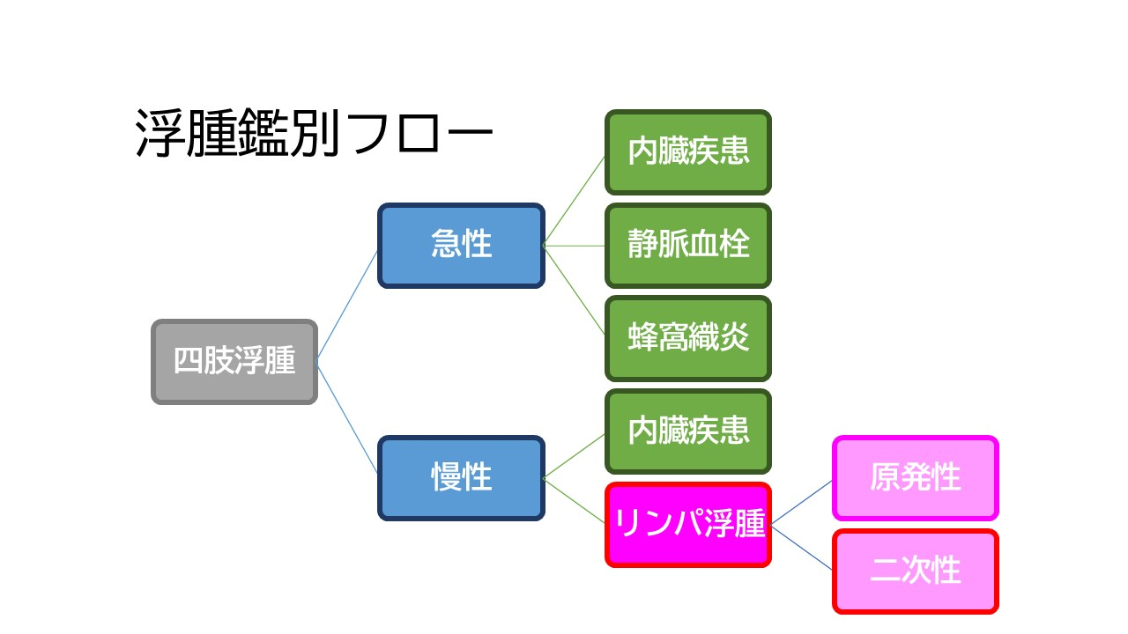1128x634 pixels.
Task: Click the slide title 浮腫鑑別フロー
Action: pyautogui.click(x=313, y=134)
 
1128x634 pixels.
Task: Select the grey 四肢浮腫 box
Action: pyautogui.click(x=234, y=362)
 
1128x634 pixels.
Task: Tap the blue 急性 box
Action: pyautogui.click(x=462, y=246)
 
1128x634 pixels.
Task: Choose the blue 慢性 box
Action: pyautogui.click(x=462, y=478)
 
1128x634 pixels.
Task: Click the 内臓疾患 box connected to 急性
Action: pyautogui.click(x=688, y=152)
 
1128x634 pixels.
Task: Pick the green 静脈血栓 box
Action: pyautogui.click(x=688, y=246)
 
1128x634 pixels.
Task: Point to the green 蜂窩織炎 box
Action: pyautogui.click(x=688, y=338)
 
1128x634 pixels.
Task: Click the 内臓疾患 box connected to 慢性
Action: pyautogui.click(x=688, y=431)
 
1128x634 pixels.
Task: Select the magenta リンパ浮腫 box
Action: pyautogui.click(x=688, y=525)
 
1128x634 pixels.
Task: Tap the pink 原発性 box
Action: pyautogui.click(x=916, y=478)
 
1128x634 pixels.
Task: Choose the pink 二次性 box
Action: pyautogui.click(x=916, y=571)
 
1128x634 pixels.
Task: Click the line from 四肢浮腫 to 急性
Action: pyautogui.click(x=348, y=304)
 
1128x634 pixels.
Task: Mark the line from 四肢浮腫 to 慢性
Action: pyautogui.click(x=348, y=420)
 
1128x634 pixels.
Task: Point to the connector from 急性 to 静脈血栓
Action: pyautogui.click(x=575, y=246)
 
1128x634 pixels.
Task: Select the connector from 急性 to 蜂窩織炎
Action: pyautogui.click(x=575, y=291)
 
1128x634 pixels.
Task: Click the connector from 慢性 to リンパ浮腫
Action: pyautogui.click(x=575, y=501)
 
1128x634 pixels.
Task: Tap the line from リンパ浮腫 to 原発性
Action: pyautogui.click(x=802, y=502)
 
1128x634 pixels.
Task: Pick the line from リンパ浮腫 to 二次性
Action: pyautogui.click(x=802, y=548)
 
